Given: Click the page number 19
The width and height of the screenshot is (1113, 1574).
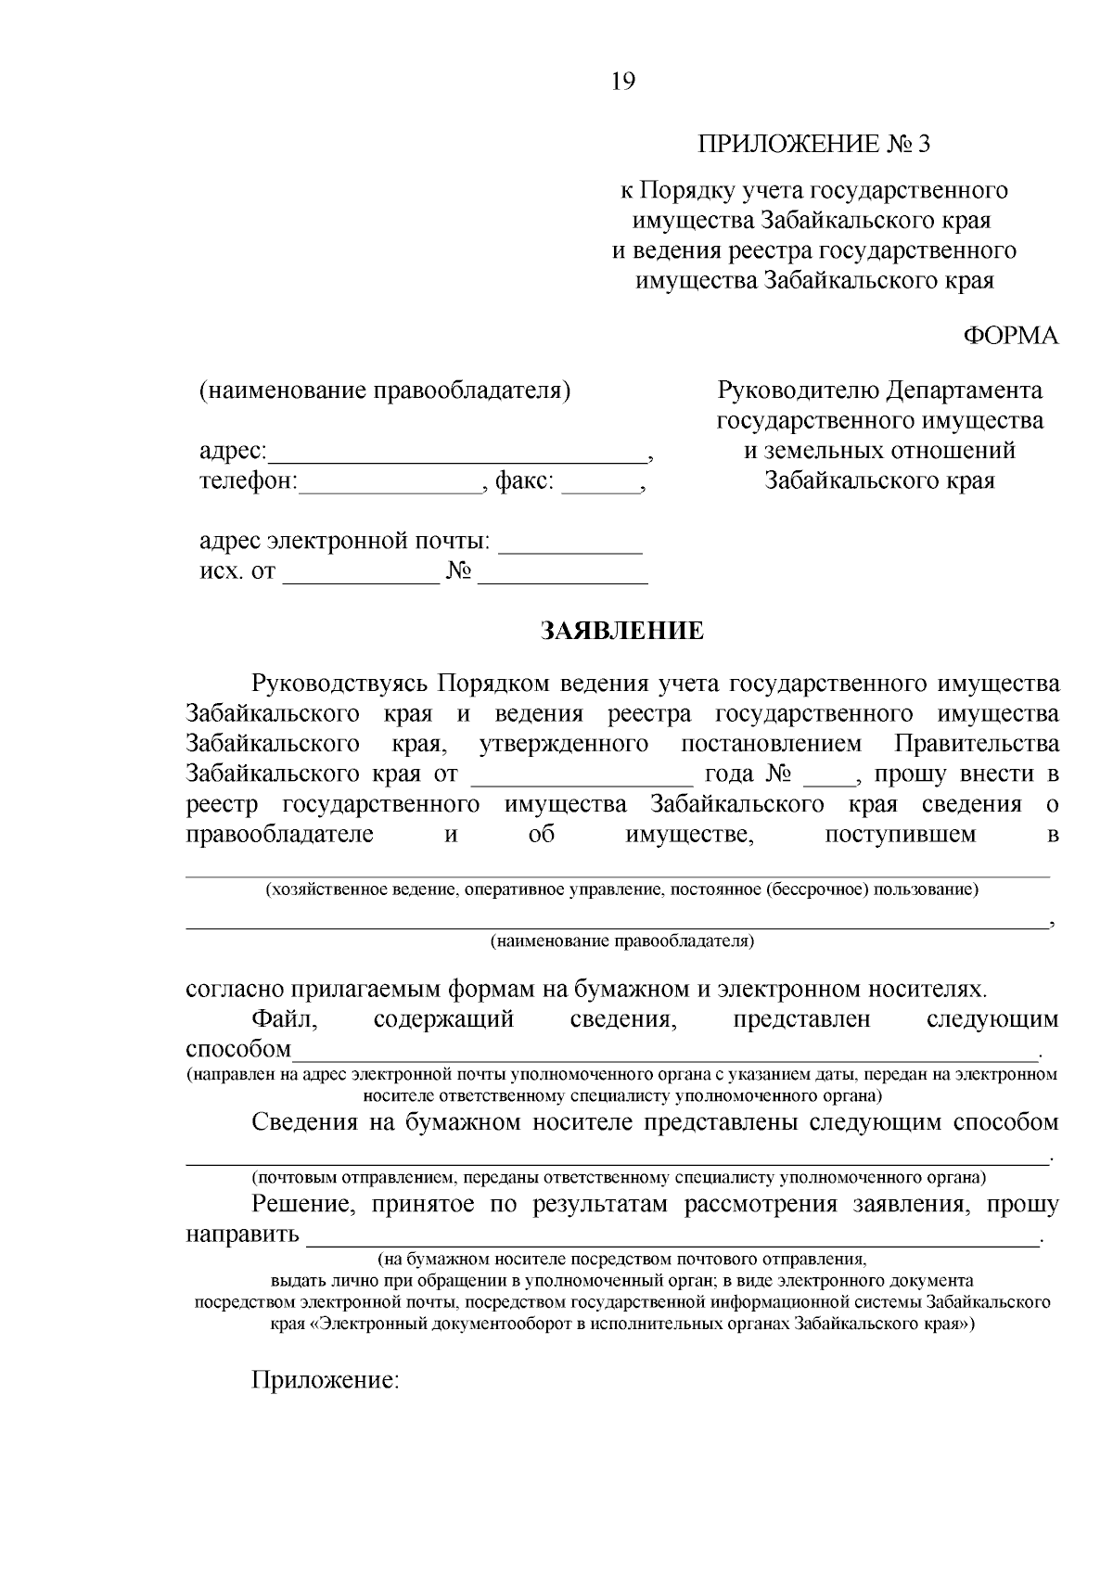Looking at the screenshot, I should click(623, 83).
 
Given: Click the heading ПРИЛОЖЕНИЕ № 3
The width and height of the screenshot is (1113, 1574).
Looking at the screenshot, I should click(813, 144).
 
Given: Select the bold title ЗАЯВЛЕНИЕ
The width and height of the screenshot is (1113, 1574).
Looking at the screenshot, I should click(623, 632).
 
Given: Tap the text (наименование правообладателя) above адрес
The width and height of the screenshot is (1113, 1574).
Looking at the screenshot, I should click(385, 390).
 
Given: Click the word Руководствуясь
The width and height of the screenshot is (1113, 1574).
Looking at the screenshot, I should click(340, 685).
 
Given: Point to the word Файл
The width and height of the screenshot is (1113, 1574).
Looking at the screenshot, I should click(285, 1019).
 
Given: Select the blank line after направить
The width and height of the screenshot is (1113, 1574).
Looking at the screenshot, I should click(672, 1240).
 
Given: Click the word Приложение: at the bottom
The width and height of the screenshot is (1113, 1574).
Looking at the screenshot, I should click(325, 1380).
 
